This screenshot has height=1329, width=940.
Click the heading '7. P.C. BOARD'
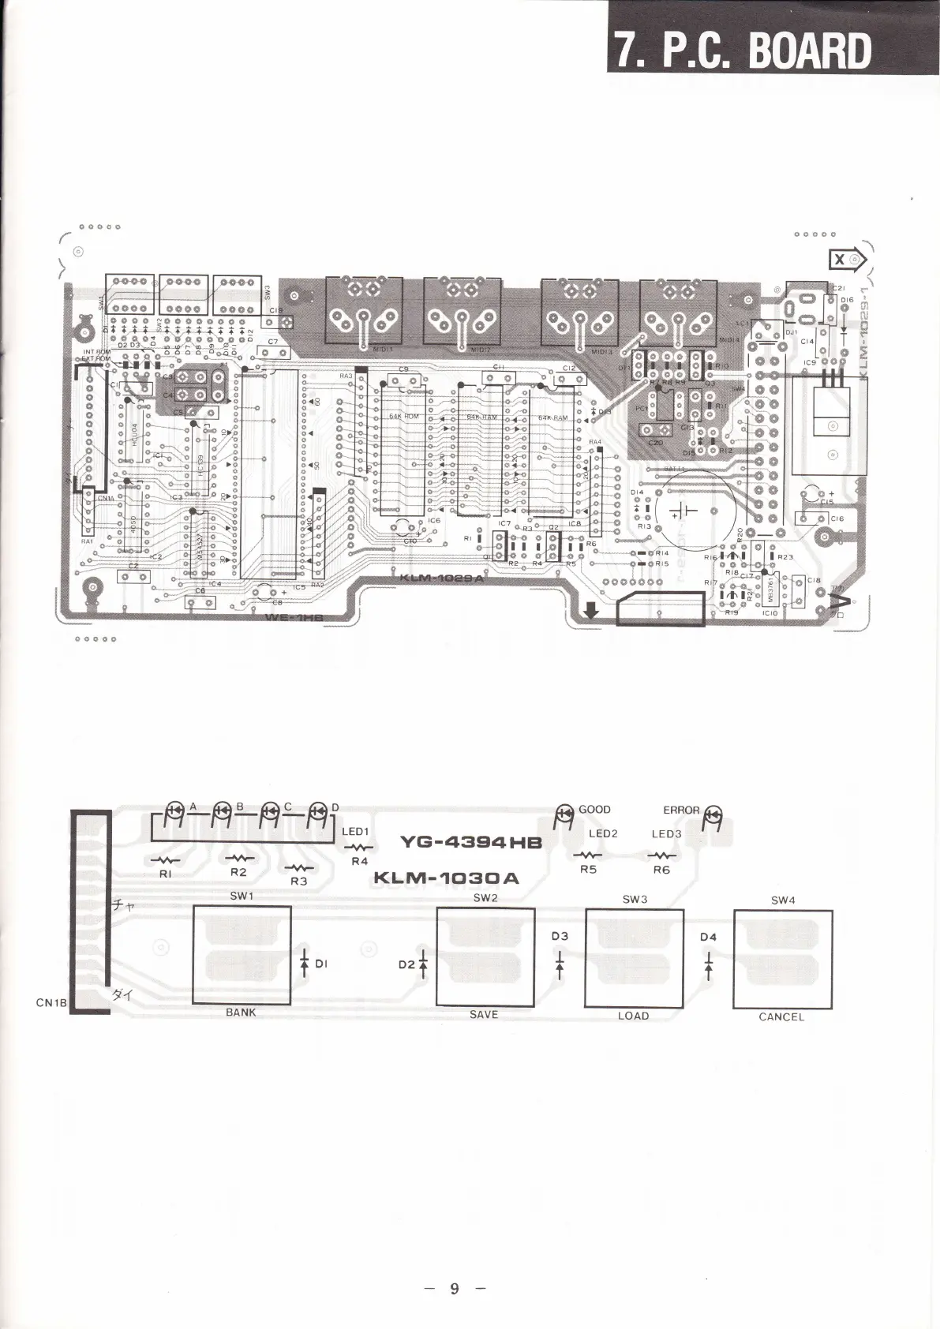[743, 49]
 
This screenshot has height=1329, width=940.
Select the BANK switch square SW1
[242, 954]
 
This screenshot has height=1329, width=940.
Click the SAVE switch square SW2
[485, 956]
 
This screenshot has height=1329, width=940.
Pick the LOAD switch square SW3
[634, 957]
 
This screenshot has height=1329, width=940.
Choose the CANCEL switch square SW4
[782, 959]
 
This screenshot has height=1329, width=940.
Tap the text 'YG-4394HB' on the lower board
[471, 842]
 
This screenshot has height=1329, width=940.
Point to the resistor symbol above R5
[588, 855]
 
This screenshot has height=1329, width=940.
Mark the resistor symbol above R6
[661, 855]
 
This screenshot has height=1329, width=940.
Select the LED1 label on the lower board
[355, 831]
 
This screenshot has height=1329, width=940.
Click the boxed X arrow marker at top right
[846, 260]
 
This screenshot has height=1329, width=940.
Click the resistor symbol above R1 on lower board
[166, 859]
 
